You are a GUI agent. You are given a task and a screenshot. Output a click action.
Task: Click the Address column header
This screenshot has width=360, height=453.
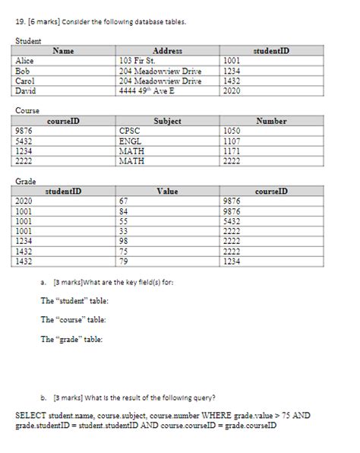coord(168,49)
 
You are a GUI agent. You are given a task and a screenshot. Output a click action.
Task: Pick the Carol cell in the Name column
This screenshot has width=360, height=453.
coord(26,80)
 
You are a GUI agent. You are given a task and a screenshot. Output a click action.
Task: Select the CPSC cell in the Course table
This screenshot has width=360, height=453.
coord(131,130)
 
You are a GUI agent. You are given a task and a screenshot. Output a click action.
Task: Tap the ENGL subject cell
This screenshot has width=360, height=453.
coord(131,141)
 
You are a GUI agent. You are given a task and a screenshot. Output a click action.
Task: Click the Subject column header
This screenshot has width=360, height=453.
coord(167,120)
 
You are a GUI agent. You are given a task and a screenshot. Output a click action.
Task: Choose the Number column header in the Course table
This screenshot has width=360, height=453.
coord(271,120)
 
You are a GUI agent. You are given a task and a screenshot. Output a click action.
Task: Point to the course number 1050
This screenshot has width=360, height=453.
coord(232,130)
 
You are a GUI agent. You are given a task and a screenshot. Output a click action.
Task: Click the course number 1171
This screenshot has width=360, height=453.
coord(232,150)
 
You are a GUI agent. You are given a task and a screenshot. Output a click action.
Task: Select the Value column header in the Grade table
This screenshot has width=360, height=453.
coord(167,192)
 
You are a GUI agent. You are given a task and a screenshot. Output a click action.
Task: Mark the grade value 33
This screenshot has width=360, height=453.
coord(125,231)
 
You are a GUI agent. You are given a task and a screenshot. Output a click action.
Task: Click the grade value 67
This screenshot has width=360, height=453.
coord(125,201)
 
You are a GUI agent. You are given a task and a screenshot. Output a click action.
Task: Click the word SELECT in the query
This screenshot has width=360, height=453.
coord(31,416)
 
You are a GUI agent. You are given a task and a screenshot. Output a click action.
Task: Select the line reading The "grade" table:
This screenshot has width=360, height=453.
coord(72,339)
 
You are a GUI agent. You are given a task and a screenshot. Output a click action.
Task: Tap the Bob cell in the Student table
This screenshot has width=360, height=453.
coord(23,69)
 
